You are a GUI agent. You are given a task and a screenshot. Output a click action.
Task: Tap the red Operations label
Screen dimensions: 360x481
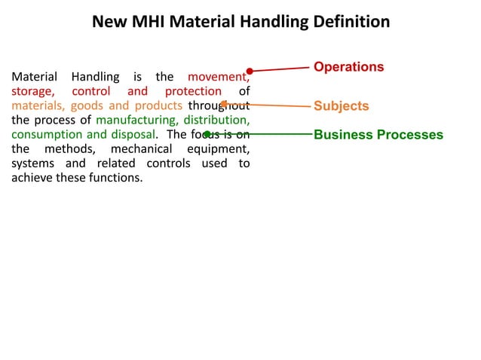pos(348,67)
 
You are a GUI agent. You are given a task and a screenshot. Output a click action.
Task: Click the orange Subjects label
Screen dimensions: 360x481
pos(341,106)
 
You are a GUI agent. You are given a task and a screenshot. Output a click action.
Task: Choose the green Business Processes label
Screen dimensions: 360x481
pos(378,136)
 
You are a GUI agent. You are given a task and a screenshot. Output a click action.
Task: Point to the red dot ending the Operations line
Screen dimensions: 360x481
pos(250,72)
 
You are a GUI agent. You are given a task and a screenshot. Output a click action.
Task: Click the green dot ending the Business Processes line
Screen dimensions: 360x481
pos(207,135)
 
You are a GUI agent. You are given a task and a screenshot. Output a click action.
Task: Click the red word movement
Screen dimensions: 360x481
pos(219,77)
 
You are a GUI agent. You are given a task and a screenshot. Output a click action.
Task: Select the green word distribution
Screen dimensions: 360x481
pos(219,120)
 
